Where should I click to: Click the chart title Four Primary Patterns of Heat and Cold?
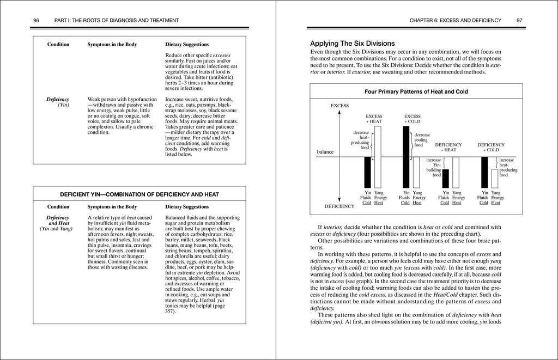pos(416,92)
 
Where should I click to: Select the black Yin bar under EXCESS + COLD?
pos(405,157)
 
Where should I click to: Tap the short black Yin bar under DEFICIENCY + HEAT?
pos(445,178)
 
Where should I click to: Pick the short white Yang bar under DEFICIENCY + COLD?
pos(495,178)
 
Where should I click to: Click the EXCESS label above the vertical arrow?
pos(339,105)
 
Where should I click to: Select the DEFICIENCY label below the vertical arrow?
pos(339,206)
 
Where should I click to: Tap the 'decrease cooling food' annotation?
pos(422,140)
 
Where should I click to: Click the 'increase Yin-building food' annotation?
pos(433,168)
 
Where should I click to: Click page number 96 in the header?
pos(37,20)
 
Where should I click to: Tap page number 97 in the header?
pos(519,20)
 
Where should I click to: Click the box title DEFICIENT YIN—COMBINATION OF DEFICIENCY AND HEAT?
pos(139,194)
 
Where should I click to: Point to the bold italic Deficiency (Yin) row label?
pos(58,102)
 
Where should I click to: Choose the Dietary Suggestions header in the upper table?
pos(187,44)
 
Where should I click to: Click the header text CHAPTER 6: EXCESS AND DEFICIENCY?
pos(455,20)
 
